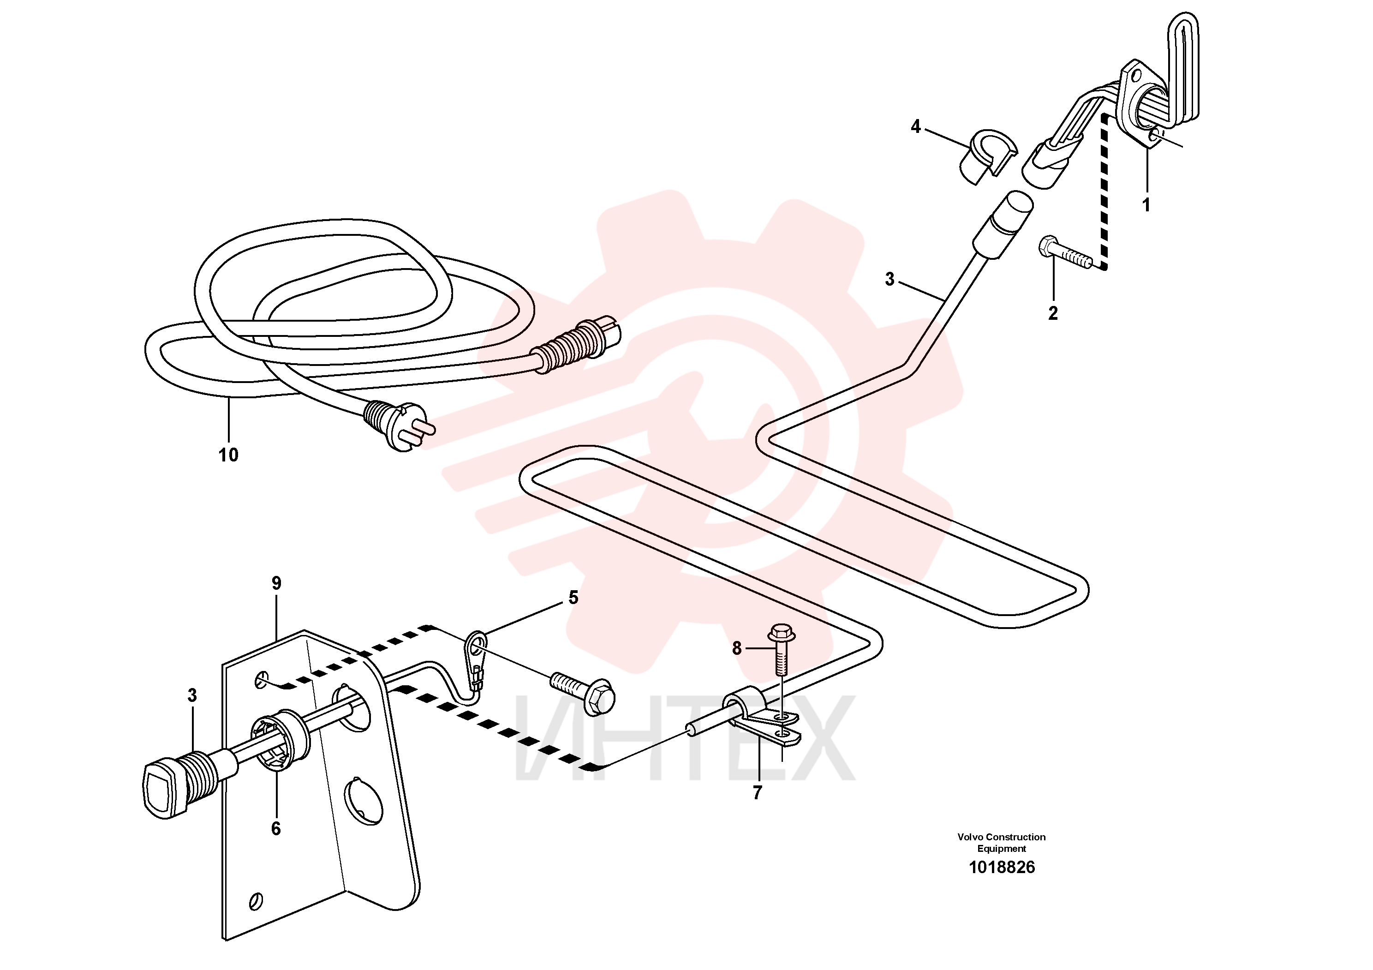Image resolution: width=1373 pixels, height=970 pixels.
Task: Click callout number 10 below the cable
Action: (228, 455)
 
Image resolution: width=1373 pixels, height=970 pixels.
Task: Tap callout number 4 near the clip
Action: (915, 127)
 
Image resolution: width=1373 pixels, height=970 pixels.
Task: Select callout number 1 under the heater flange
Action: (1146, 205)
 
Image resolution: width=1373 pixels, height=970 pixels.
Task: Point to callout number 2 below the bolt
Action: (1053, 313)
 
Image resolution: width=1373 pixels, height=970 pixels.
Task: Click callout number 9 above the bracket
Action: (276, 583)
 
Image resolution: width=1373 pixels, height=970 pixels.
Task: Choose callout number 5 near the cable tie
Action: (573, 598)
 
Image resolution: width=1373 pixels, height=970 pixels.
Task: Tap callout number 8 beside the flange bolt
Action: (737, 648)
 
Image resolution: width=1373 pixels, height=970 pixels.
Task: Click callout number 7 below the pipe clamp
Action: (757, 793)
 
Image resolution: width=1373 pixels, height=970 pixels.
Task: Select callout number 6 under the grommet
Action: (276, 828)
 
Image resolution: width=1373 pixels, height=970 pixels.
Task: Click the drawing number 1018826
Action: (1002, 867)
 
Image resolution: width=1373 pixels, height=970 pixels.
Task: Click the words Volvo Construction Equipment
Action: (1002, 843)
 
